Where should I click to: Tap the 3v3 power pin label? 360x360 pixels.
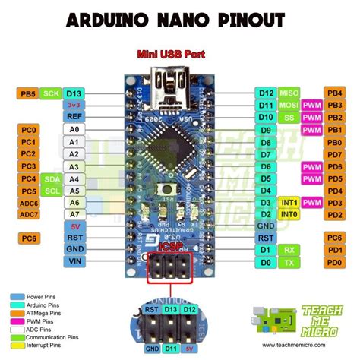click(x=74, y=105)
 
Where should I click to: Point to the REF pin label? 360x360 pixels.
click(x=74, y=117)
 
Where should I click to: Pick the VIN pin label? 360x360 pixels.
click(x=74, y=261)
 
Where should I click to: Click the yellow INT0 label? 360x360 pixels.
click(x=289, y=215)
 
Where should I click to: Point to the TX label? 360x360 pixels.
click(x=289, y=261)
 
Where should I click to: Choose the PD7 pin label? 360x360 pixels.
click(x=334, y=154)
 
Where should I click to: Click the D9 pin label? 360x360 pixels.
click(x=266, y=130)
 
